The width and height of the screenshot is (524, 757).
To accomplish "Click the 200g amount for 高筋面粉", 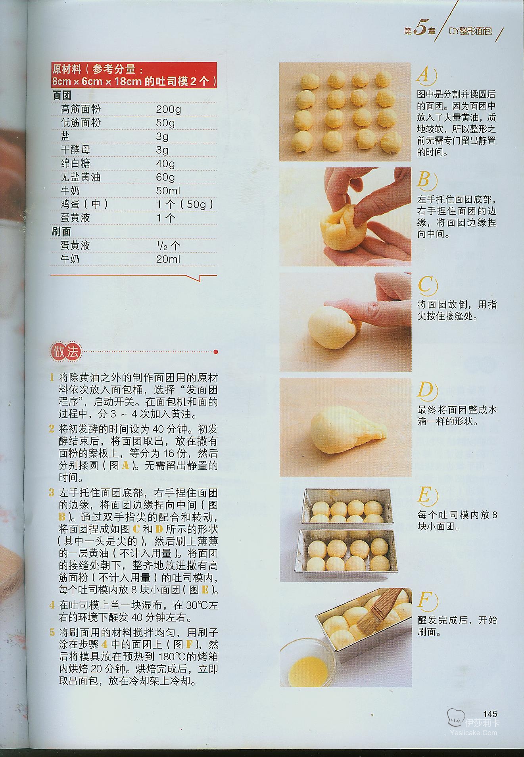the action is pyautogui.click(x=168, y=109).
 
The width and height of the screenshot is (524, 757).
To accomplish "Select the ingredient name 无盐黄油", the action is pyautogui.click(x=81, y=177).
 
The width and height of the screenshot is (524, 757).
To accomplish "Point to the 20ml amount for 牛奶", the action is pyautogui.click(x=168, y=259).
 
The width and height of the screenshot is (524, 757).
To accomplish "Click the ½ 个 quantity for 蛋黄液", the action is pyautogui.click(x=168, y=246).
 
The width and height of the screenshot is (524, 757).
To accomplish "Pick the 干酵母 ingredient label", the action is pyautogui.click(x=75, y=150).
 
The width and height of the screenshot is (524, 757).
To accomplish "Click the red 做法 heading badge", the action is pyautogui.click(x=66, y=352).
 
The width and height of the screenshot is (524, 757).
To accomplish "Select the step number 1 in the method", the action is pyautogui.click(x=52, y=377).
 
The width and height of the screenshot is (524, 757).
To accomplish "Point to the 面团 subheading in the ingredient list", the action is pyautogui.click(x=61, y=96).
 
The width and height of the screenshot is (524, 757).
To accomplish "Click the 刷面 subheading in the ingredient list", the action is pyautogui.click(x=61, y=232).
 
